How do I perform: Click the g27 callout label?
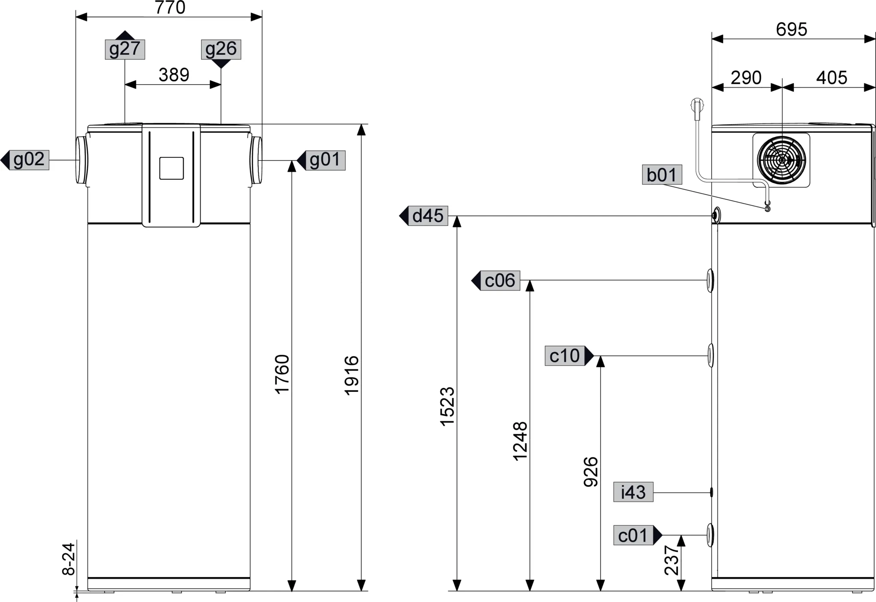(x=125, y=49)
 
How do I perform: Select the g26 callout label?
(x=221, y=49)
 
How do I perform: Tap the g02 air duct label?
(x=29, y=160)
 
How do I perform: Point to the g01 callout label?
(x=325, y=160)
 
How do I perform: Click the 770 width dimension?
(x=170, y=8)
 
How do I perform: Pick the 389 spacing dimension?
(x=174, y=75)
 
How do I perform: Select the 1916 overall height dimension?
(x=352, y=375)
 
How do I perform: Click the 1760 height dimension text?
(x=282, y=374)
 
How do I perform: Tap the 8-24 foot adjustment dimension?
(x=69, y=559)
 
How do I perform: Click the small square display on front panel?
(x=172, y=168)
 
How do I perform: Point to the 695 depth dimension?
(x=791, y=30)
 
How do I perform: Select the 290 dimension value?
(x=746, y=78)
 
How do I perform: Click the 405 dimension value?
(x=831, y=78)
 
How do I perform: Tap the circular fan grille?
(x=781, y=160)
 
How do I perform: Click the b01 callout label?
(x=662, y=175)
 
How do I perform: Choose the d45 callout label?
(x=428, y=215)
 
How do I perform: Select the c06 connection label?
(x=500, y=280)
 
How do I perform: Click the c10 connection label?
(x=565, y=356)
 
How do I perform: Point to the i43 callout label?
(x=633, y=492)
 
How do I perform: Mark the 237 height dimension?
(x=672, y=560)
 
